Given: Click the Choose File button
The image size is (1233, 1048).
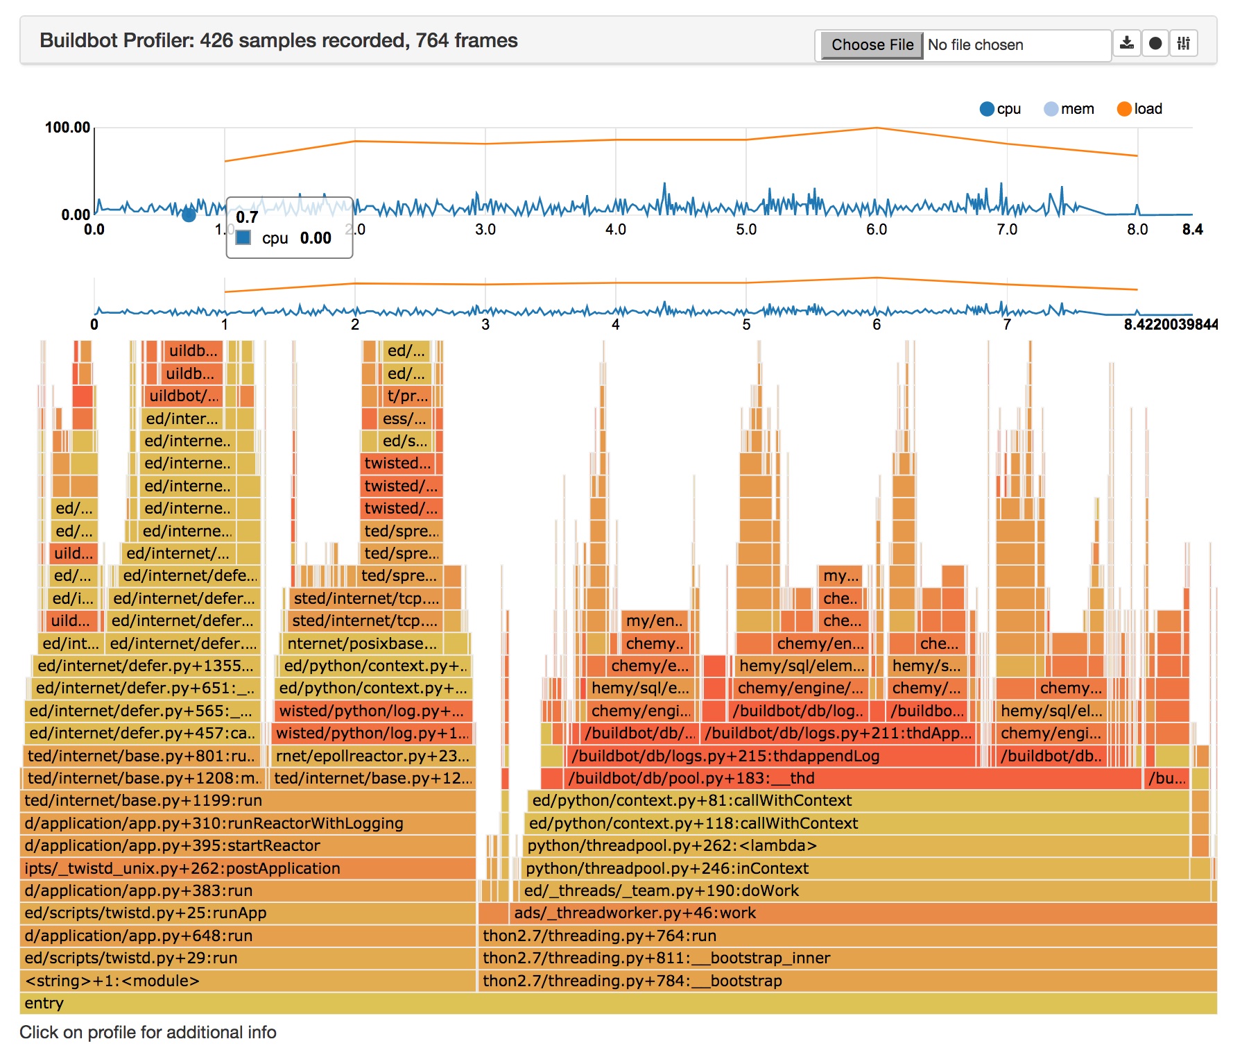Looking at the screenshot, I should point(872,45).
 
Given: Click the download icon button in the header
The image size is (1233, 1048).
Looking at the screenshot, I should point(1127,44).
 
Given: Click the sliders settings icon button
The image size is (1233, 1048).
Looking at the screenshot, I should point(1183,44).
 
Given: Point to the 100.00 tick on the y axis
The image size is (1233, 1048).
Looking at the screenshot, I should point(67,127).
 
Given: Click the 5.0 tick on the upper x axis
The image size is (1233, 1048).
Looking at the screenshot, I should point(745,230).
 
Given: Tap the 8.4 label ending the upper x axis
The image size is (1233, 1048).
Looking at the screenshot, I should point(1192,230).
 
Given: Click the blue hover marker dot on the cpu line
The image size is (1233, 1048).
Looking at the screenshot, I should point(189,215).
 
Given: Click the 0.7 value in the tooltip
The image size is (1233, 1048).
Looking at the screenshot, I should point(247,217).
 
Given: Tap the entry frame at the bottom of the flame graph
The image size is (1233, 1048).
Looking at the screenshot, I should point(617,1004).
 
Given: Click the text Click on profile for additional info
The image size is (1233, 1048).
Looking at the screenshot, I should point(148,1033).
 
